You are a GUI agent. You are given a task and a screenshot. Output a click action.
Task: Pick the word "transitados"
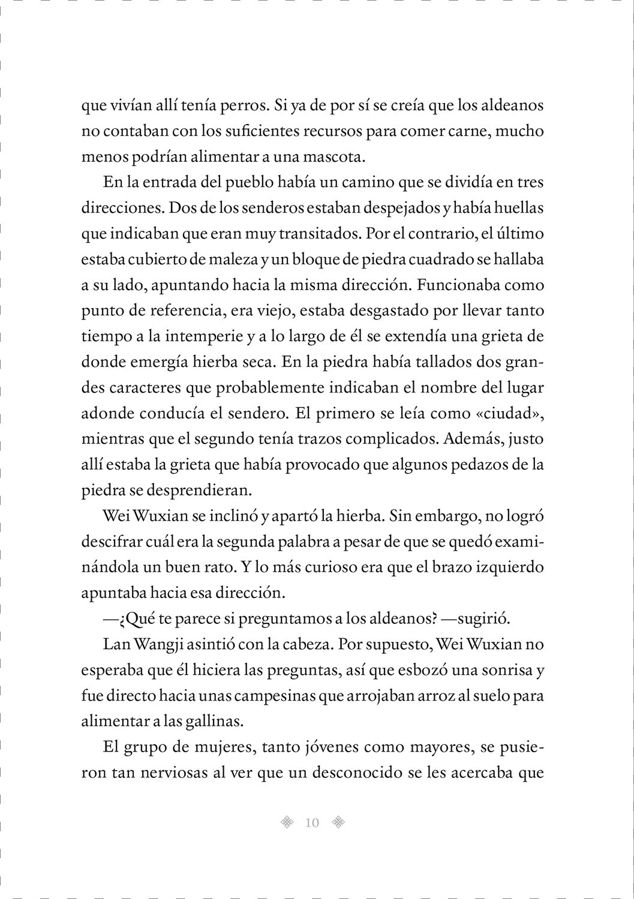[316, 234]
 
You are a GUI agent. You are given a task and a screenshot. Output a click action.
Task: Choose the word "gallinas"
[213, 721]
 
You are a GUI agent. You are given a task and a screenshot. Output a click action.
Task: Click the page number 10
[312, 823]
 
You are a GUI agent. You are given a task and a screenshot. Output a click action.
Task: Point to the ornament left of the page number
[287, 823]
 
